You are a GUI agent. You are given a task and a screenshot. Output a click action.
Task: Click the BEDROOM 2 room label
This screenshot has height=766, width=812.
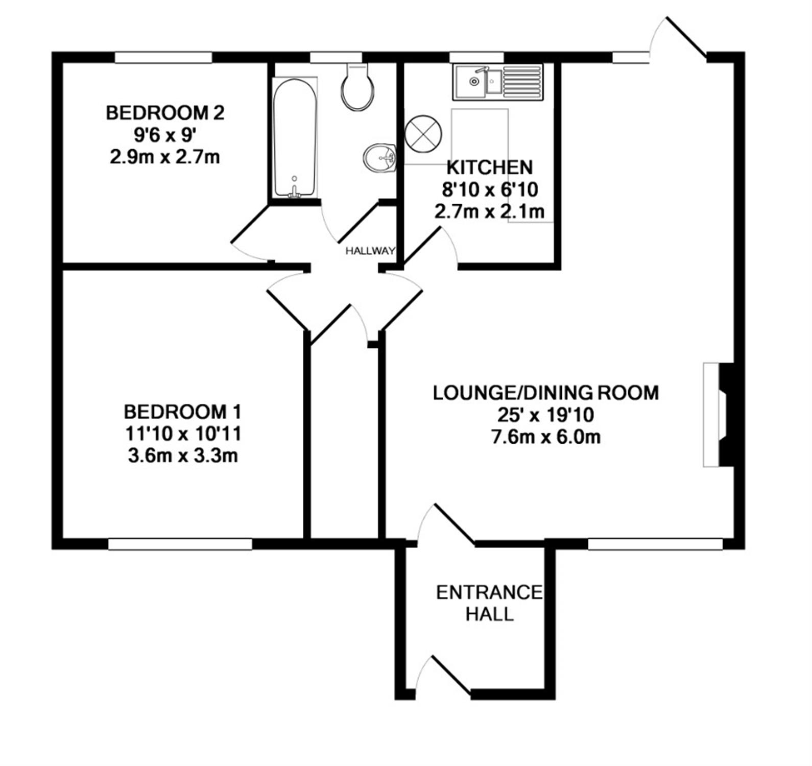pyautogui.click(x=165, y=112)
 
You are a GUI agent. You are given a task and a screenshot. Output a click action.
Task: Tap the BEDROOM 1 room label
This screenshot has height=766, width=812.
pyautogui.click(x=183, y=411)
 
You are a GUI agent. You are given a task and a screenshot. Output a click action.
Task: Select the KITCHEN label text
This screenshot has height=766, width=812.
pyautogui.click(x=490, y=167)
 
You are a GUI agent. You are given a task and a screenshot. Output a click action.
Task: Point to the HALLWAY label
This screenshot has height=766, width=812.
pyautogui.click(x=370, y=251)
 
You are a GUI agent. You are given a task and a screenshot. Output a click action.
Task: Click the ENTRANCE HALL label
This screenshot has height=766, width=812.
pyautogui.click(x=489, y=603)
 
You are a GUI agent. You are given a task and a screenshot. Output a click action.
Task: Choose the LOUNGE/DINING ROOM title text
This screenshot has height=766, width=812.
pyautogui.click(x=546, y=393)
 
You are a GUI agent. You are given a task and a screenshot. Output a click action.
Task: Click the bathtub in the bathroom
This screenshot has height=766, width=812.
pyautogui.click(x=294, y=137)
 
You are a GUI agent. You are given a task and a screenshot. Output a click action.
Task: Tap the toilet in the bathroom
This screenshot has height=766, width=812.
pyautogui.click(x=357, y=86)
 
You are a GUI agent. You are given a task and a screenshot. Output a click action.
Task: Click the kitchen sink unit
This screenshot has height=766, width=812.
pyautogui.click(x=498, y=82)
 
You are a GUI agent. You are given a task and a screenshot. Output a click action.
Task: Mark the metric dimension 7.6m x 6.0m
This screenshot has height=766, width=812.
pyautogui.click(x=545, y=437)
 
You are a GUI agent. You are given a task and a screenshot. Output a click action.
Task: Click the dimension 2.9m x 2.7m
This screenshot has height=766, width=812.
pyautogui.click(x=165, y=157)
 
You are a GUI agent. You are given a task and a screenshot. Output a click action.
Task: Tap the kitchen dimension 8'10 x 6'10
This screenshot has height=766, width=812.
pyautogui.click(x=490, y=190)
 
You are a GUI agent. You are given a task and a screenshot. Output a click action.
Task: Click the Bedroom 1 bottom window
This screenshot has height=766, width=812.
pyautogui.click(x=180, y=544)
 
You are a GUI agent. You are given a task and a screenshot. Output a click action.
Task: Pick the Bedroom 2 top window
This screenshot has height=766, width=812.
pyautogui.click(x=163, y=58)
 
